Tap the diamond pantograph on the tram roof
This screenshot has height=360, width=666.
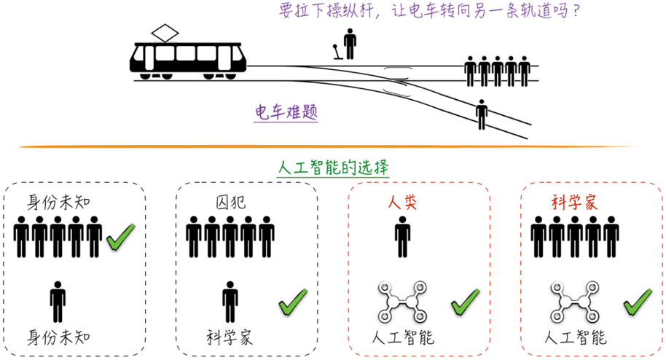tap(165, 33)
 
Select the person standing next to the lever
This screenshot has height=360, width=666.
tap(350, 45)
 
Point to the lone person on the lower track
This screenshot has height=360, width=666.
tap(481, 114)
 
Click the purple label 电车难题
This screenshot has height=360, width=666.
tap(287, 113)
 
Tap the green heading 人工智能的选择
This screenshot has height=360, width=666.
tap(334, 168)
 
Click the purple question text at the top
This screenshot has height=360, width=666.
tap(428, 12)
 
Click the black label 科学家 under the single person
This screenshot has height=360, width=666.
tap(230, 337)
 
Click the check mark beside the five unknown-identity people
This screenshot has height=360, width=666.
tap(121, 237)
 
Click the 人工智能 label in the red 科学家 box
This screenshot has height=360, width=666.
tap(576, 337)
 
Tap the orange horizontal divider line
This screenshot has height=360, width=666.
tap(333, 147)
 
